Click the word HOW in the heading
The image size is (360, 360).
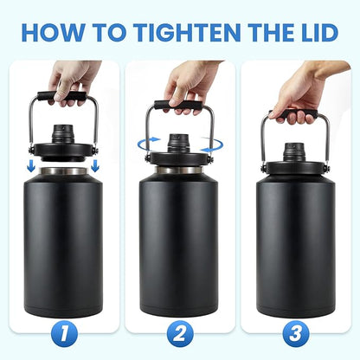coord(53,33)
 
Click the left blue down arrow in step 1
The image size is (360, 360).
coord(32,161)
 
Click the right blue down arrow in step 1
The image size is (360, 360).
coord(93,161)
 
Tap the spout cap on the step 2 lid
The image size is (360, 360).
coord(179,140)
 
